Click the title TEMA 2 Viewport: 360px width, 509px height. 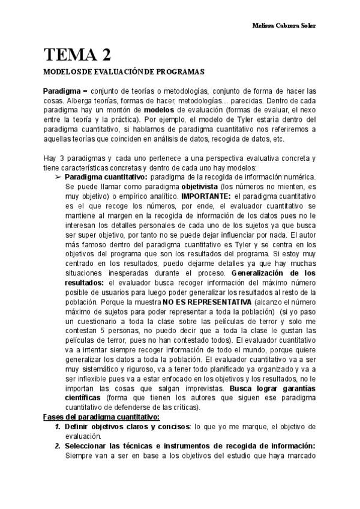pyautogui.click(x=77, y=55)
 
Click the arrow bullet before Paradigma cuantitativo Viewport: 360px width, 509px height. pyautogui.click(x=58, y=178)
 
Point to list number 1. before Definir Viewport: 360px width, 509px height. pyautogui.click(x=58, y=426)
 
